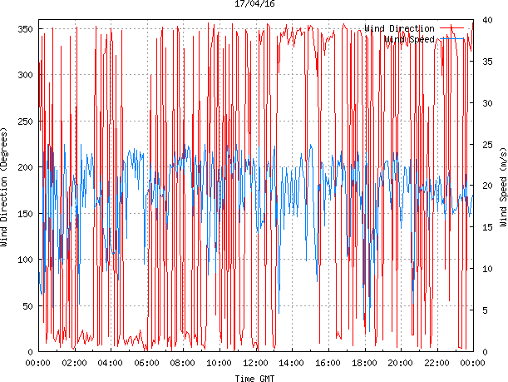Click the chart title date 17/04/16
pyautogui.click(x=254, y=4)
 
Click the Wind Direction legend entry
pyautogui.click(x=399, y=28)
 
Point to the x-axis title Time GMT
pyautogui.click(x=254, y=377)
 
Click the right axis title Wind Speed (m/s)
pyautogui.click(x=502, y=190)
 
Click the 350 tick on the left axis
pyautogui.click(x=24, y=29)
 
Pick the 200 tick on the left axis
pyautogui.click(x=24, y=167)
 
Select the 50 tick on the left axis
pyautogui.click(x=27, y=306)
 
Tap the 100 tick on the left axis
pyautogui.click(x=24, y=260)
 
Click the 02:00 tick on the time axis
pyautogui.click(x=74, y=363)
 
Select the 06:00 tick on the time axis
pyautogui.click(x=146, y=363)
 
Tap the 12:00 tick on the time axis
pyautogui.click(x=255, y=363)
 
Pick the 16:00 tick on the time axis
pyautogui.click(x=328, y=363)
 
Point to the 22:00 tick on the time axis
pyautogui.click(x=436, y=363)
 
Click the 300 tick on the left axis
pyautogui.click(x=24, y=75)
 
